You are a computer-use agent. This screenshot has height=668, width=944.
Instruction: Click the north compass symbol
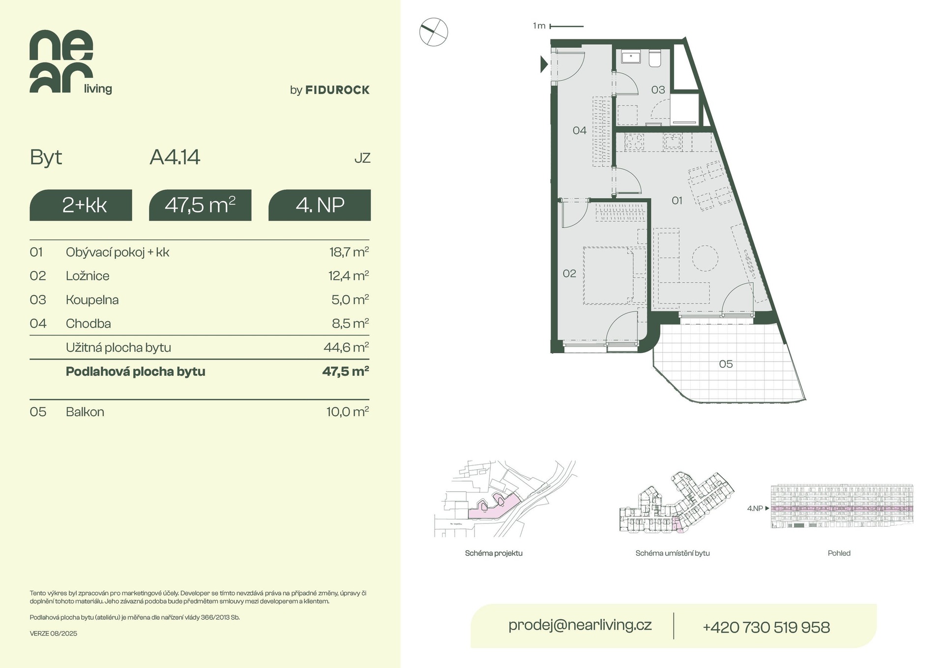pos(434,32)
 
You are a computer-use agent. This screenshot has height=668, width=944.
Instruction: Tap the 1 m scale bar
pos(566,26)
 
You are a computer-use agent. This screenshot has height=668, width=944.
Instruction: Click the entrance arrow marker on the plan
pos(544,64)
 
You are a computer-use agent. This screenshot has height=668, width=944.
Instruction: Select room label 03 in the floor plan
pos(658,90)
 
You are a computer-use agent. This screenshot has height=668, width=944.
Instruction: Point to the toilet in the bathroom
pos(655,59)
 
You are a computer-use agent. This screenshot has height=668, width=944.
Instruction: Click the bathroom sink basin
pos(630,58)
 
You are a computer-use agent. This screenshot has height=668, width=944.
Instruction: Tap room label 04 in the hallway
pos(580,130)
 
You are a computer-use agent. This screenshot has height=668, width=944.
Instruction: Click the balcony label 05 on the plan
pos(726,364)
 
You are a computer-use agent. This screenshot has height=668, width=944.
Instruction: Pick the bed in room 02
pos(615,275)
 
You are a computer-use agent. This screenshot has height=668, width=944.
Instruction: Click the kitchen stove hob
pos(634,143)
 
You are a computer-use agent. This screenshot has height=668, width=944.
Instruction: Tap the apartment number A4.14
pos(175,157)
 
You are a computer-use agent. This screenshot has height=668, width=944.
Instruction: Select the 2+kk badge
pos(81,205)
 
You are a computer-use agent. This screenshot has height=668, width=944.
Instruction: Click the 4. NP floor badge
pos(320,205)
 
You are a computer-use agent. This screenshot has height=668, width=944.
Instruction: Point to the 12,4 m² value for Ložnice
pos(349,275)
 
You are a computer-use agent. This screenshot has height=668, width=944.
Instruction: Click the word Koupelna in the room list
pos(92,300)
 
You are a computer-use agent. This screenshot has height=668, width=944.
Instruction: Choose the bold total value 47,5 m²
pos(346,371)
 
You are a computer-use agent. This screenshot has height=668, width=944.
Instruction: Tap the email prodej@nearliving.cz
pos(580,625)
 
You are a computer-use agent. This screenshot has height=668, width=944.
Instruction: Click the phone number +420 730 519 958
pos(767,627)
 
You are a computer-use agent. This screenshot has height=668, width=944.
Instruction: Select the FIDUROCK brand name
pos(337,90)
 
